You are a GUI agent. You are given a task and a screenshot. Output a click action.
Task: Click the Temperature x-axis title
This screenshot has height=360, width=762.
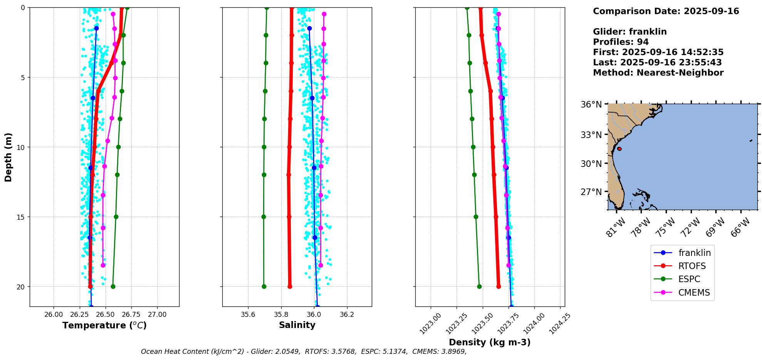pyautogui.click(x=104, y=326)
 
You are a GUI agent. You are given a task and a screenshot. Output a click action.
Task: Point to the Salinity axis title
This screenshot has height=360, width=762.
pyautogui.click(x=297, y=325)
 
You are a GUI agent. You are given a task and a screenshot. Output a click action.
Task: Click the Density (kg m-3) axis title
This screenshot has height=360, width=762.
pyautogui.click(x=490, y=342)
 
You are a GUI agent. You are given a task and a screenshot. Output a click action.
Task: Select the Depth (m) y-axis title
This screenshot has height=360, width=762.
pyautogui.click(x=8, y=157)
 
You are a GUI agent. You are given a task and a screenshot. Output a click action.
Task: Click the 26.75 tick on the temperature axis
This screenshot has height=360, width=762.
pyautogui.click(x=131, y=315)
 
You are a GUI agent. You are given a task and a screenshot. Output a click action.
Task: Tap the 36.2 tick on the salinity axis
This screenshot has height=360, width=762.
pyautogui.click(x=347, y=315)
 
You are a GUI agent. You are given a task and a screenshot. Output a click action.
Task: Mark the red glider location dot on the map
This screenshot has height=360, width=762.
pyautogui.click(x=619, y=149)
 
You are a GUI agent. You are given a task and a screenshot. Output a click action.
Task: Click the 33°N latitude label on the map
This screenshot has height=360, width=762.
pyautogui.click(x=591, y=135)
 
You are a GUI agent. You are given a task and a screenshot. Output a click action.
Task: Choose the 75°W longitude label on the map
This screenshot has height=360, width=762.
pyautogui.click(x=665, y=228)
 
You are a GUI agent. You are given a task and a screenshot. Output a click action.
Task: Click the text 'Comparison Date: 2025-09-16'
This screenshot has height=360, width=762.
pyautogui.click(x=666, y=11)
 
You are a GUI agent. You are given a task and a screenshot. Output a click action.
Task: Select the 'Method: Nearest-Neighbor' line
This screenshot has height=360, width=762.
pyautogui.click(x=658, y=73)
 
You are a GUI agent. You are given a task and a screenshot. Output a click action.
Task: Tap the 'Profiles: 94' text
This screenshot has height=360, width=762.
pyautogui.click(x=621, y=42)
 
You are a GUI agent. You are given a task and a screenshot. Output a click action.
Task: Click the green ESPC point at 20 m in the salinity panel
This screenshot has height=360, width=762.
pyautogui.click(x=264, y=286)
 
